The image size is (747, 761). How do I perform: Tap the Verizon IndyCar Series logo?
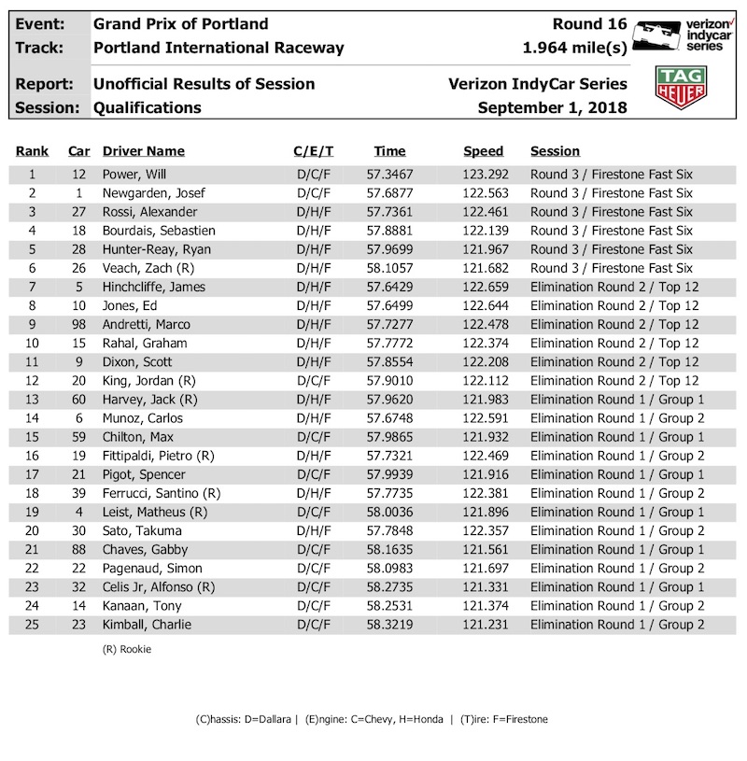point(680,35)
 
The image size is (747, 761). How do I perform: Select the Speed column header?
point(483,151)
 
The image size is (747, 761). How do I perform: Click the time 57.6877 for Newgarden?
point(390,193)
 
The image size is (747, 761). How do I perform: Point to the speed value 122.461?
point(483,212)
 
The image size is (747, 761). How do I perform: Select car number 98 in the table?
point(78,324)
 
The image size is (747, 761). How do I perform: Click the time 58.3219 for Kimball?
point(390,625)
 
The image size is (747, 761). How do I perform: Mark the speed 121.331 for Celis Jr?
point(483,587)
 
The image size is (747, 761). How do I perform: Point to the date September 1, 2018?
point(552,107)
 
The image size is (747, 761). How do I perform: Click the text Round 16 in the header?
point(590,24)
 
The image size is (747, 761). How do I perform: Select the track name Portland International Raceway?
point(218,48)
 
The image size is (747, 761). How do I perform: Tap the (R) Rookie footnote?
point(127,649)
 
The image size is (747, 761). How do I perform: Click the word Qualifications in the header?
point(148,107)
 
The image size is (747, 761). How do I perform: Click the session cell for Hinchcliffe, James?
point(613,287)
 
